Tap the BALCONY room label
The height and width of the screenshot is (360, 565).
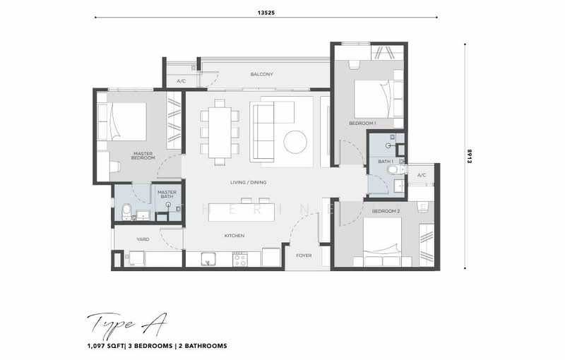(261, 74)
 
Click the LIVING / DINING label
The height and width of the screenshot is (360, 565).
(247, 182)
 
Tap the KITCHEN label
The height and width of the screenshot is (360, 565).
(234, 236)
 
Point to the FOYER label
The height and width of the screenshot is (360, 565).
(304, 256)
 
